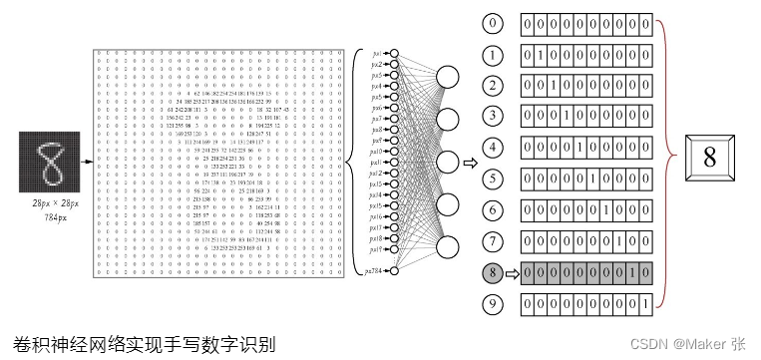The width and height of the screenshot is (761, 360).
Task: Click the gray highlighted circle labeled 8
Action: [x=491, y=270]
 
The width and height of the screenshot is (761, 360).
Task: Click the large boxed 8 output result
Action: [x=710, y=158]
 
